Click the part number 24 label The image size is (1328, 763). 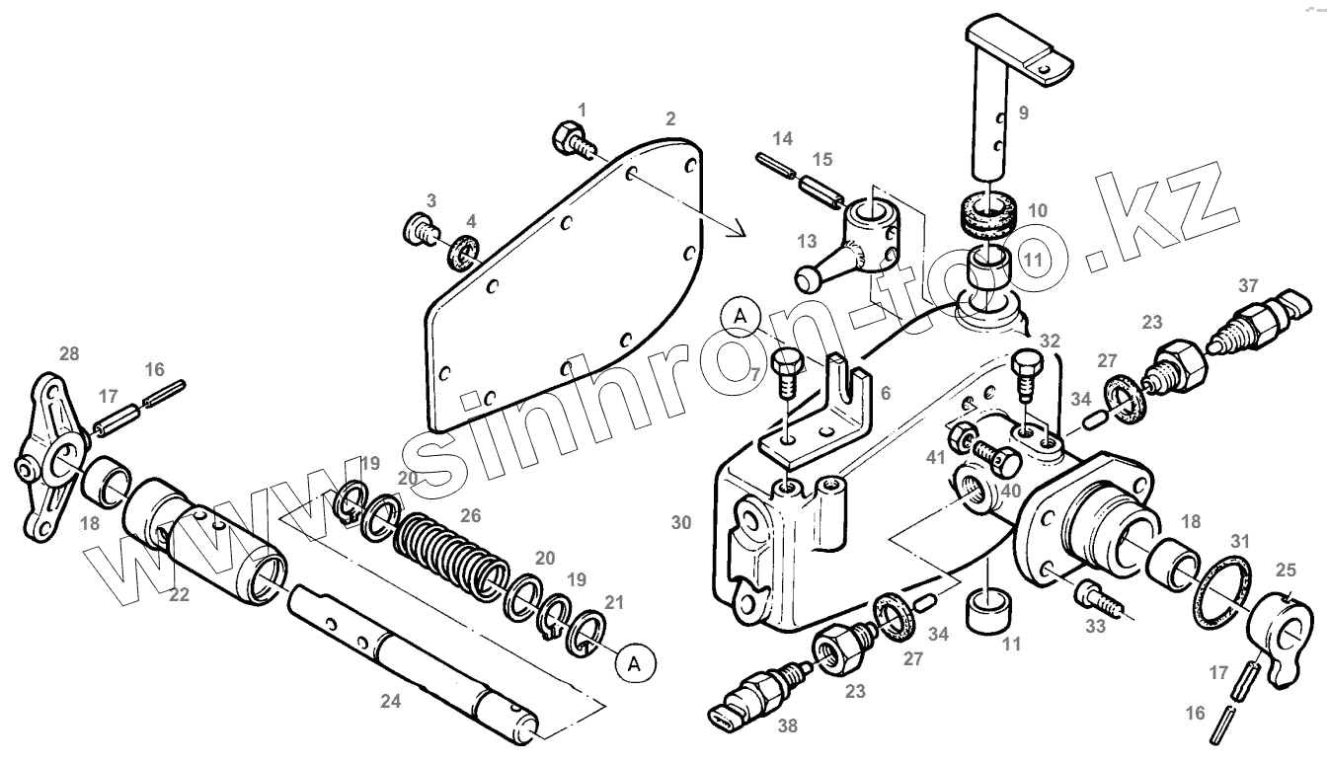[392, 702]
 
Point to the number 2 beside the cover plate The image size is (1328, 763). [670, 119]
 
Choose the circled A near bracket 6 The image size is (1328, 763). [741, 316]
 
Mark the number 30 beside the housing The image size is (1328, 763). [681, 523]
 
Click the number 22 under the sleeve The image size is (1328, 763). [179, 594]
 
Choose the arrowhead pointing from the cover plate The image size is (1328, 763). [738, 231]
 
